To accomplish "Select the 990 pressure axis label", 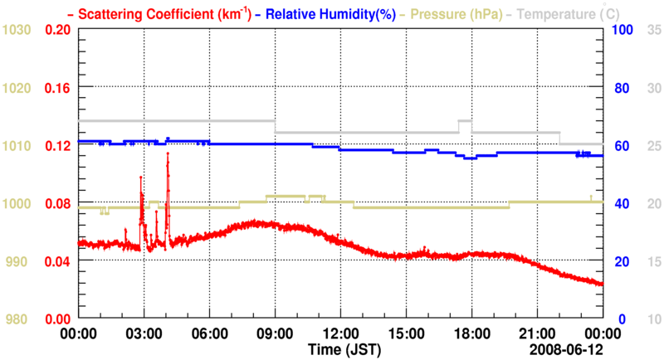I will [19, 261].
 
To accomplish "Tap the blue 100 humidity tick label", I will [623, 30].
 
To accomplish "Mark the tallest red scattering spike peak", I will [168, 153].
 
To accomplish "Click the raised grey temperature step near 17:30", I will [465, 121].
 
